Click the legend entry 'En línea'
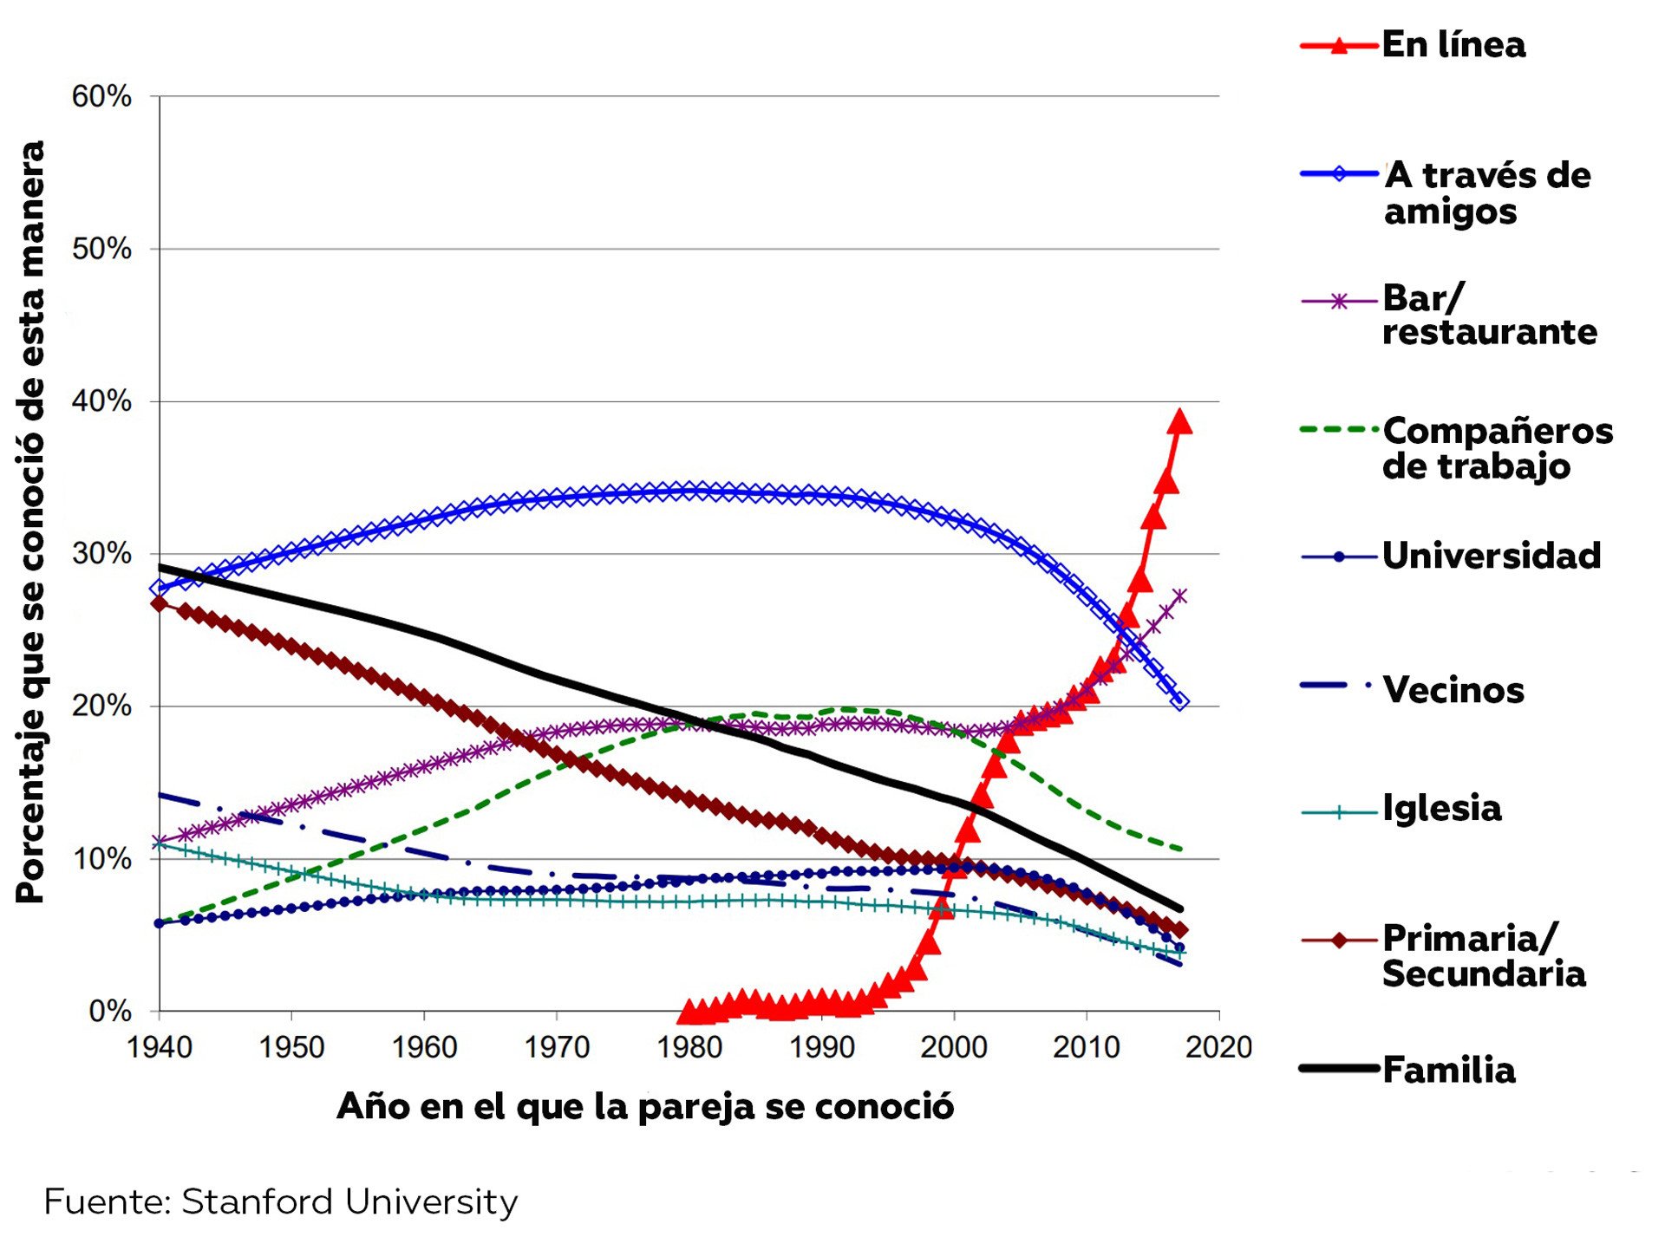click(1453, 45)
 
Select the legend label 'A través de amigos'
click(1486, 192)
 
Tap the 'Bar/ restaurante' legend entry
click(1488, 315)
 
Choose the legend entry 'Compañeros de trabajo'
click(1497, 448)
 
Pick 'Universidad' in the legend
click(1491, 556)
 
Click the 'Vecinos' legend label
click(1453, 690)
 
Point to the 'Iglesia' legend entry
click(1441, 808)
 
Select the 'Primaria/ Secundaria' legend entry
click(1483, 955)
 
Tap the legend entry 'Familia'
click(1448, 1070)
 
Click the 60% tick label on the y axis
click(101, 96)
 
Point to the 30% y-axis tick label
click(101, 554)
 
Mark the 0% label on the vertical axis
click(110, 1011)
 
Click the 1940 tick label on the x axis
click(160, 1047)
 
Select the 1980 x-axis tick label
click(689, 1047)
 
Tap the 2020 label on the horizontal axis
click(1218, 1047)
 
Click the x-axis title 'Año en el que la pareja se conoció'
click(645, 1107)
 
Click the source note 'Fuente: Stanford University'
click(281, 1202)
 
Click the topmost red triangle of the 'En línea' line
click(1179, 422)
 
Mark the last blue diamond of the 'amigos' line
click(1179, 700)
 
